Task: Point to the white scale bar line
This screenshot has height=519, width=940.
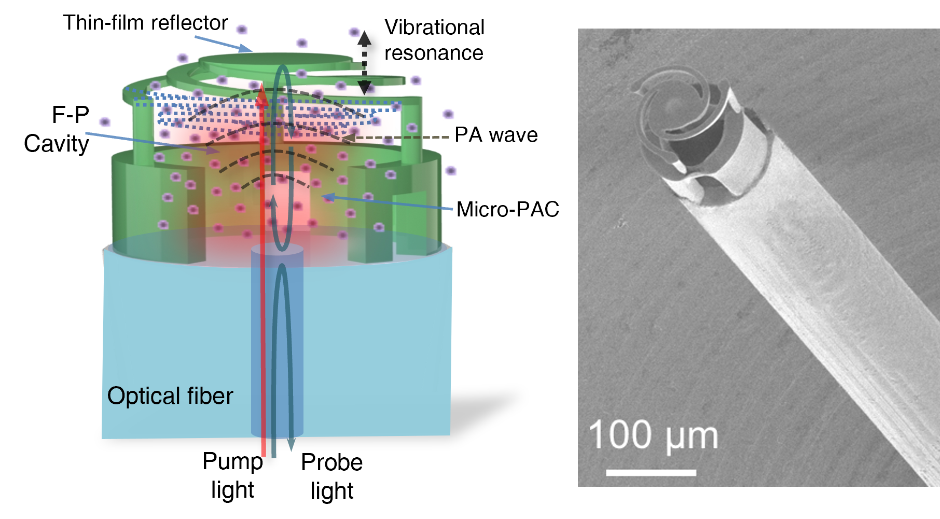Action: (651, 472)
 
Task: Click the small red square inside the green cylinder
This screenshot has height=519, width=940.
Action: (288, 200)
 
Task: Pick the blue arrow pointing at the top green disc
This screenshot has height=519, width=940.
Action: (223, 44)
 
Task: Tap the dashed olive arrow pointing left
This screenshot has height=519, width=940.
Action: (399, 138)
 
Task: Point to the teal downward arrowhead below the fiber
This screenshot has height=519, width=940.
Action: (291, 445)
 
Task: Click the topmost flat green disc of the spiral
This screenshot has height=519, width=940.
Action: (275, 60)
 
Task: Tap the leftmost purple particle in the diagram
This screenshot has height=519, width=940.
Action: (105, 122)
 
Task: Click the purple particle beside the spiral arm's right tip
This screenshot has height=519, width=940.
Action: (416, 80)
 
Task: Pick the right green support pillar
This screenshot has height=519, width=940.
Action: (411, 130)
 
